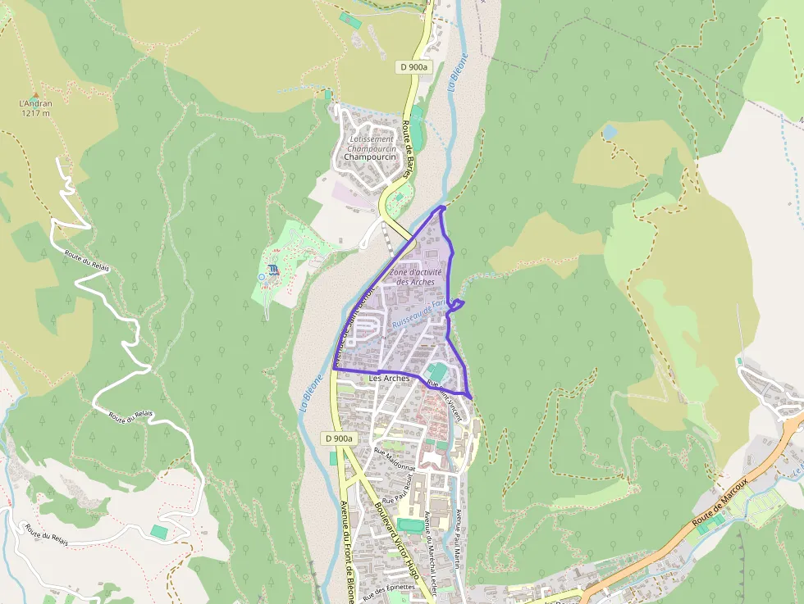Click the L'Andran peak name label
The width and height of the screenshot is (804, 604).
(35, 103)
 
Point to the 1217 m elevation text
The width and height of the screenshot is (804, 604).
(35, 113)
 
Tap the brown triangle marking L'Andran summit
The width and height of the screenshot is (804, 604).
(35, 95)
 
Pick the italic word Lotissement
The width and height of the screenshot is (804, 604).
(370, 139)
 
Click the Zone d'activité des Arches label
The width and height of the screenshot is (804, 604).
(416, 277)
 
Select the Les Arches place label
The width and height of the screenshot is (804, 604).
(390, 378)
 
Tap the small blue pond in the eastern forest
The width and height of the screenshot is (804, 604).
(609, 131)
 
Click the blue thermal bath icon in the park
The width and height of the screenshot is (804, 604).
(272, 270)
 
